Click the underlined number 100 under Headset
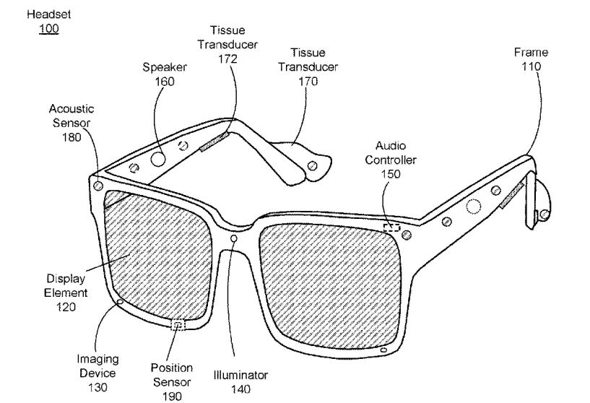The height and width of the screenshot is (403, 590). (49, 29)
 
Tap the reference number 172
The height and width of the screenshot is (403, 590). (227, 58)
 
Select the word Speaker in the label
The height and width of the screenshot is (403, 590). (165, 67)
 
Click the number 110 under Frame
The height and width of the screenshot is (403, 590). (531, 66)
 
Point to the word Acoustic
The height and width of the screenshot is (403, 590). (71, 109)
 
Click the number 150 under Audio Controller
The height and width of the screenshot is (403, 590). (391, 174)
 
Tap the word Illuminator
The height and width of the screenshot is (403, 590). (240, 375)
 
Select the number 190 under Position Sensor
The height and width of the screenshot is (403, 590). (172, 396)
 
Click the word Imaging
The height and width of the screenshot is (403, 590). (97, 360)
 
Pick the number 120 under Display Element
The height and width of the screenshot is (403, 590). (66, 307)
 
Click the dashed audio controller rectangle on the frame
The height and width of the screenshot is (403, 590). (391, 227)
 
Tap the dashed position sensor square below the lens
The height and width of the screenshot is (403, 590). (178, 324)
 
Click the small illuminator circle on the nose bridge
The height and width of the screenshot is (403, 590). (234, 238)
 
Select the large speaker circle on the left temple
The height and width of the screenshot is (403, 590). (158, 159)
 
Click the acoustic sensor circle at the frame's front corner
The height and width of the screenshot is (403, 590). (98, 186)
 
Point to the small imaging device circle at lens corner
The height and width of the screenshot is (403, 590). (121, 302)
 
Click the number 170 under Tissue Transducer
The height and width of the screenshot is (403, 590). (308, 82)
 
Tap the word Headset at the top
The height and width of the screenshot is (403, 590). (49, 14)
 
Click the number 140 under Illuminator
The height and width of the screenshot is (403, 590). (240, 389)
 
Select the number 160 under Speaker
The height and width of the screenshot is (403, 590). (165, 82)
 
